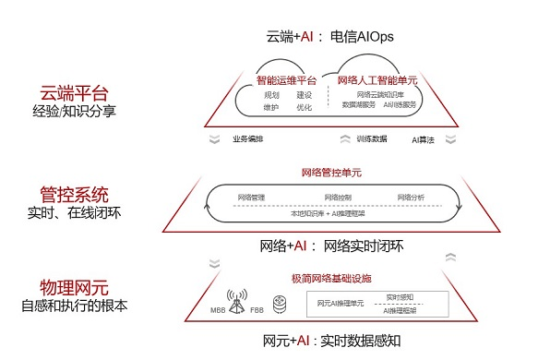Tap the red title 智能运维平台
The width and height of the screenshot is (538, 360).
pyautogui.click(x=285, y=80)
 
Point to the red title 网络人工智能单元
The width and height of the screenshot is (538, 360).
pyautogui.click(x=377, y=80)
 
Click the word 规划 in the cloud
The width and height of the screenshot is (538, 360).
pyautogui.click(x=272, y=94)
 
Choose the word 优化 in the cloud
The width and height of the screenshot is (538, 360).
pyautogui.click(x=304, y=107)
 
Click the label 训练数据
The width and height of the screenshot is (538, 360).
pyautogui.click(x=371, y=139)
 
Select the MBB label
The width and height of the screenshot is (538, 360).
pyautogui.click(x=217, y=308)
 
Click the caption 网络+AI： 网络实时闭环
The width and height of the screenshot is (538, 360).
pyautogui.click(x=332, y=246)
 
